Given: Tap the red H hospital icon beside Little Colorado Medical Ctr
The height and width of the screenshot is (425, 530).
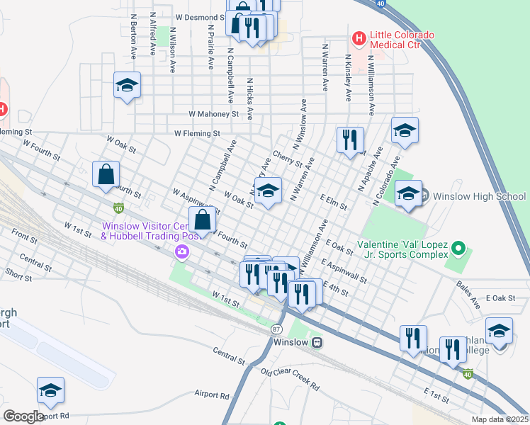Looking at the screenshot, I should pyautogui.click(x=359, y=36).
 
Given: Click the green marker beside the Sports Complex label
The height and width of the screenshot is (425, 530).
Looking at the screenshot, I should pyautogui.click(x=458, y=249).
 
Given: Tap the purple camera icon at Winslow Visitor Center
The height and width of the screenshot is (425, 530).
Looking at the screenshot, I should pyautogui.click(x=183, y=251).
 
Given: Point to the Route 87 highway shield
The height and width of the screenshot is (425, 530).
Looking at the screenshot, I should pyautogui.click(x=276, y=329).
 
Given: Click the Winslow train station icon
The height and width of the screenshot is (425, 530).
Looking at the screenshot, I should pyautogui.click(x=317, y=342).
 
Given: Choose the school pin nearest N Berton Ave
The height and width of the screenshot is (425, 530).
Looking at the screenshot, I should pyautogui.click(x=128, y=86).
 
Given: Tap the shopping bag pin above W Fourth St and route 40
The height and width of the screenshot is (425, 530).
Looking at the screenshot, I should pyautogui.click(x=106, y=175).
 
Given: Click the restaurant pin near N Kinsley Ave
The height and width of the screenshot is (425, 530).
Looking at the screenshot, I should pyautogui.click(x=350, y=140).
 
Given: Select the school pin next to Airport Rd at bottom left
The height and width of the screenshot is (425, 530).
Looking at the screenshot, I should pyautogui.click(x=50, y=391).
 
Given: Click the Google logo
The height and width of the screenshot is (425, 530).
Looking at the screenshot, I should pyautogui.click(x=23, y=416).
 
